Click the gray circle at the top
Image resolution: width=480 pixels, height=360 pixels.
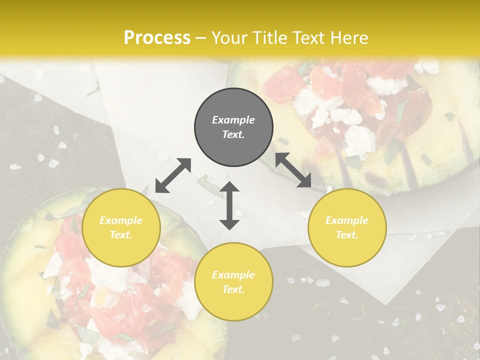233,127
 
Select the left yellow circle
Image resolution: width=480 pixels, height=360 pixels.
121,228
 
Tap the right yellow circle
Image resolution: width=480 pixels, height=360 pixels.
347,228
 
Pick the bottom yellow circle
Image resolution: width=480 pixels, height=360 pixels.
233,282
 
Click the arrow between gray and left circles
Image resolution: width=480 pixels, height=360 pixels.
173,175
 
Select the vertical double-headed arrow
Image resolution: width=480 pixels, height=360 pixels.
229,205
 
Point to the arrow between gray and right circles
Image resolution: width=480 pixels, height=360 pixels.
293,170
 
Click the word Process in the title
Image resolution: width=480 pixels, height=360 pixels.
157,37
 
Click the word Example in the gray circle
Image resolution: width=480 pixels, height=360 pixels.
233,120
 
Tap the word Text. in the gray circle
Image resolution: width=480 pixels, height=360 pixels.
233,134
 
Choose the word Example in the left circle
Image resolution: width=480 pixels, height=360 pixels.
121,220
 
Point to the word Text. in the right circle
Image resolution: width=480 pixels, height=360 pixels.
347,235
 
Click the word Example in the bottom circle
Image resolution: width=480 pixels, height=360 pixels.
233,275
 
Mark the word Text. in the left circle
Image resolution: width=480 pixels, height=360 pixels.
121,235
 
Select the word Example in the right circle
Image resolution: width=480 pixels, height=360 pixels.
347,220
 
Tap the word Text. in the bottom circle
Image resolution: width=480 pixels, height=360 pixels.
233,289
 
